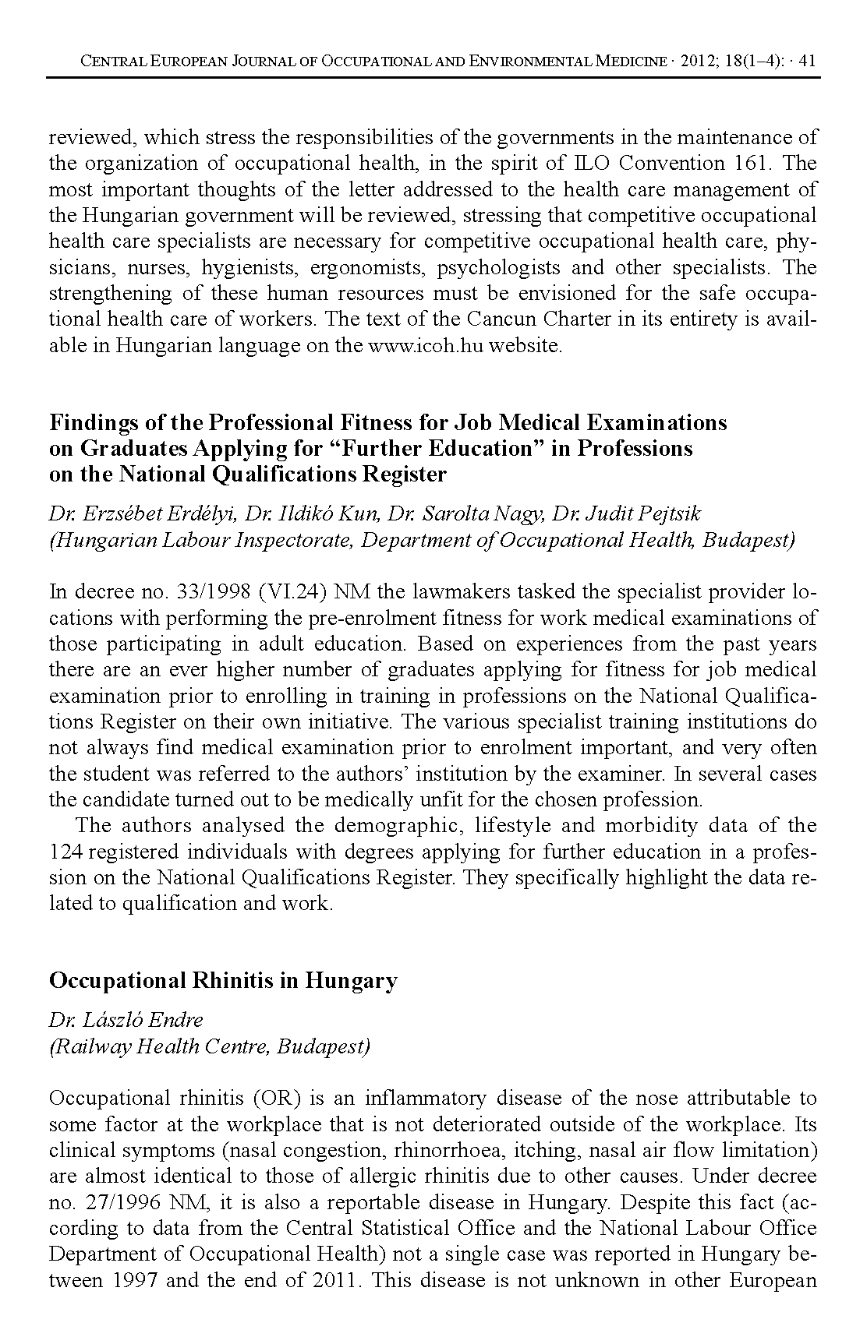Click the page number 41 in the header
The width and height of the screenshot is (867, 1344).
point(807,62)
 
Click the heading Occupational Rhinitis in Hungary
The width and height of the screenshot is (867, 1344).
point(223,980)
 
